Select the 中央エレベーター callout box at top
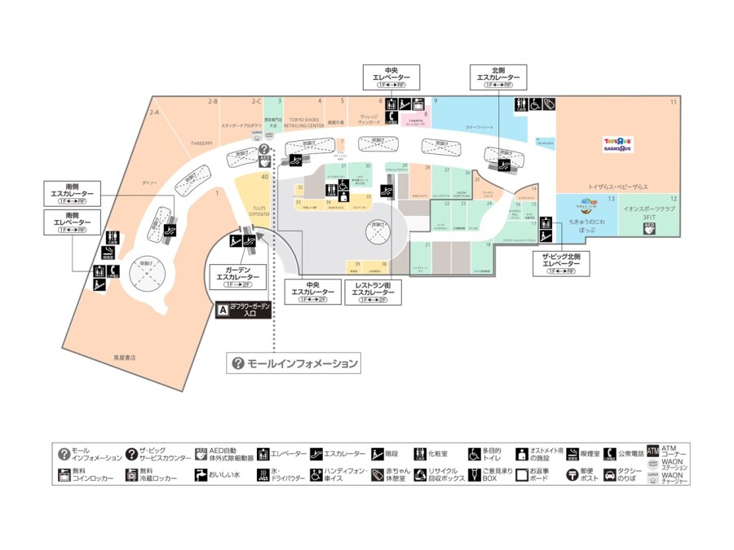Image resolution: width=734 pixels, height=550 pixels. point(391,77)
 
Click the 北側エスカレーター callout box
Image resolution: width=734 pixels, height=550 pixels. point(497,77)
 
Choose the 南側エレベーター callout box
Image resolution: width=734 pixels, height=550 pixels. point(72,222)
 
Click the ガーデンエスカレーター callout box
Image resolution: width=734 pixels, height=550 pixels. point(237,276)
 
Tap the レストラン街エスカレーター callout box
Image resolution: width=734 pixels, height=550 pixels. point(374,293)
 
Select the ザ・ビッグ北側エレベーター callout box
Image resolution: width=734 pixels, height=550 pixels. point(560,263)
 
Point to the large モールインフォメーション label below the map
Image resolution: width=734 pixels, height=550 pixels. point(294,363)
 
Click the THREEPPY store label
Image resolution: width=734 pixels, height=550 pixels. point(201,143)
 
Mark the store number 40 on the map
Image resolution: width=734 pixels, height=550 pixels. point(264,176)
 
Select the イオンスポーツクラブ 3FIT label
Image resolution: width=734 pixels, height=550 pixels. point(650,213)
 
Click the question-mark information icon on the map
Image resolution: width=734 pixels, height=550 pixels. point(263,150)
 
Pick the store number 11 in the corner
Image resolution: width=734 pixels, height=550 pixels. point(674,102)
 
